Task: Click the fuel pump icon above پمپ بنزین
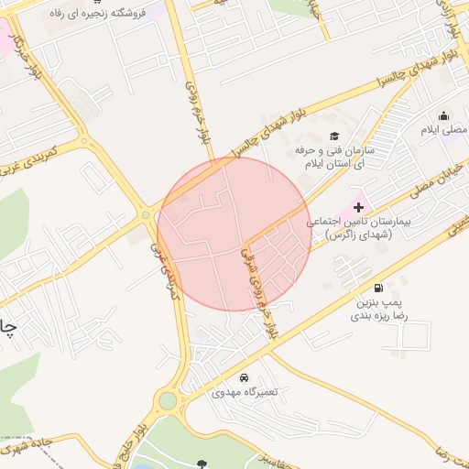pyautogui.click(x=378, y=286)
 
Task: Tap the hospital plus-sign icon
pyautogui.click(x=358, y=208)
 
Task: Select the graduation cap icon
pyautogui.click(x=333, y=136)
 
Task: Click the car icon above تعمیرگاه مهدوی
pyautogui.click(x=244, y=377)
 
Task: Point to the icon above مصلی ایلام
pyautogui.click(x=444, y=115)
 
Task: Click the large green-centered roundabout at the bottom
pyautogui.click(x=168, y=400)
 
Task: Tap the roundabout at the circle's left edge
pyautogui.click(x=147, y=216)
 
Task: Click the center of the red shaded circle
pyautogui.click(x=234, y=234)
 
